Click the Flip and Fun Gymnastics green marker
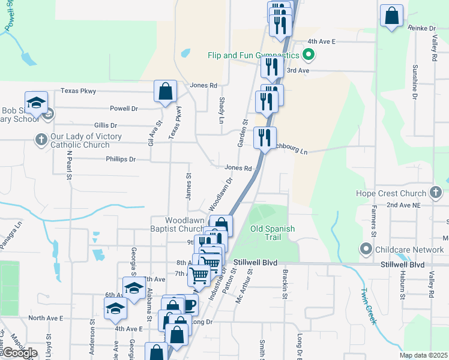309,56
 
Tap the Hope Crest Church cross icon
436,193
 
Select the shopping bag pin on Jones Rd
166,92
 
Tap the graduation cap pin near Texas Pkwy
36,103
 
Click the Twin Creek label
368,306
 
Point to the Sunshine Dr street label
415,82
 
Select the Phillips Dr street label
121,160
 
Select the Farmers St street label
373,221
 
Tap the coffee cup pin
188,305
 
